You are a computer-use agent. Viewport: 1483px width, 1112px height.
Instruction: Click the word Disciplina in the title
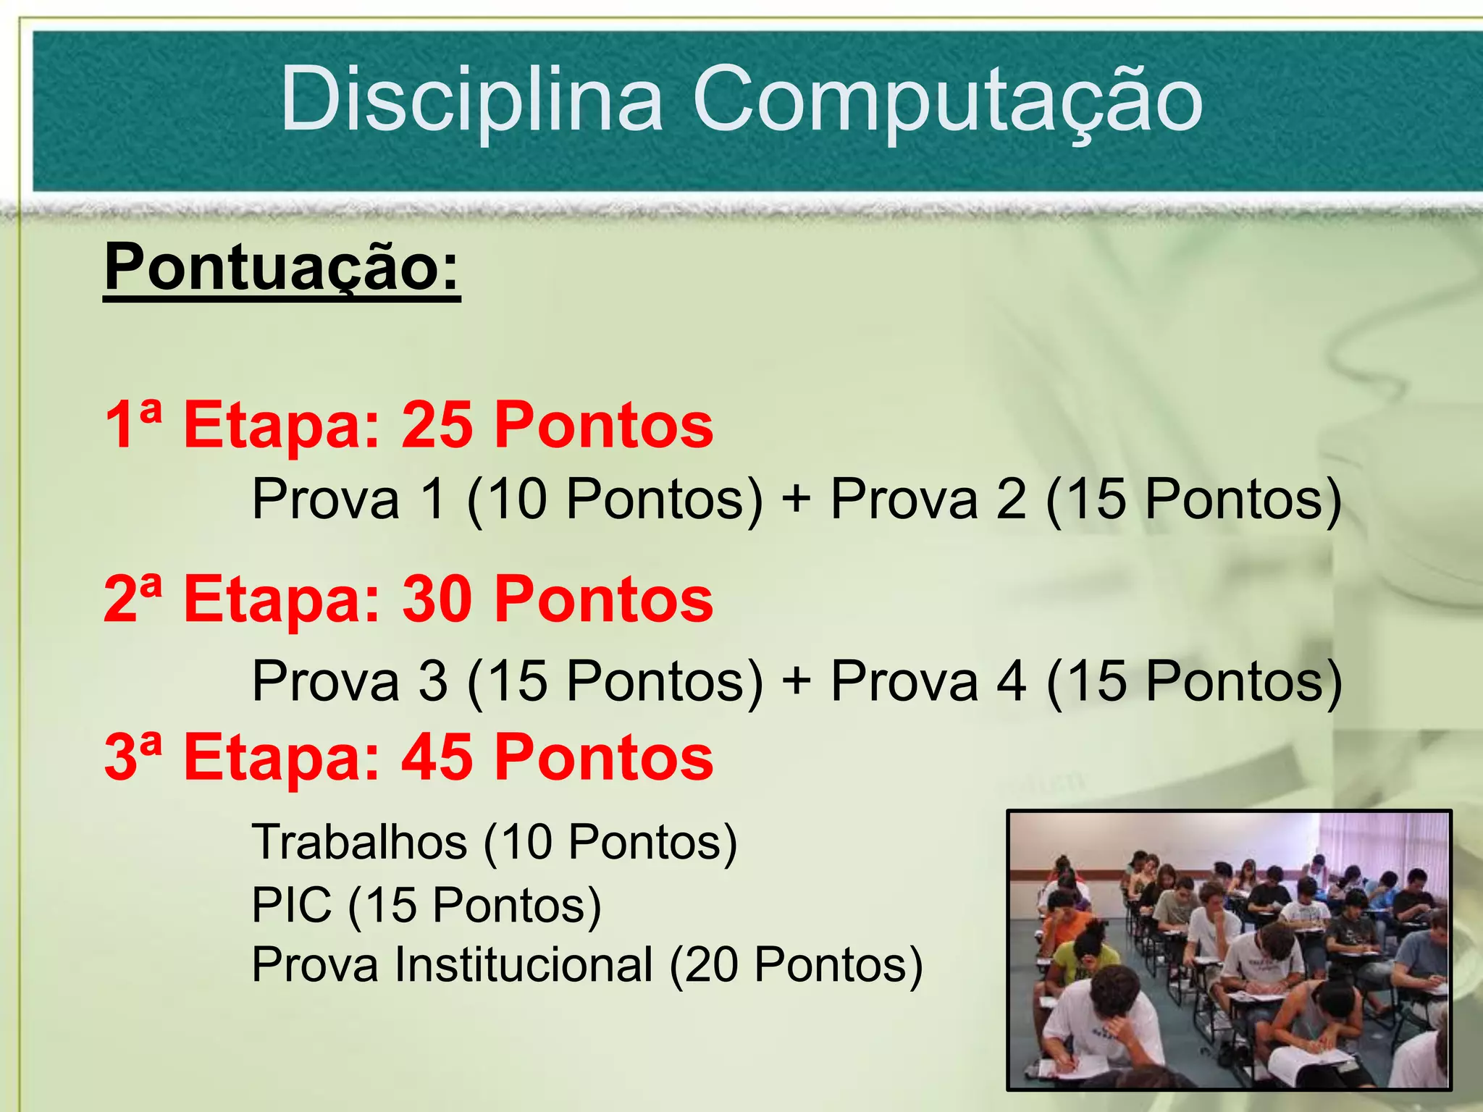click(x=471, y=100)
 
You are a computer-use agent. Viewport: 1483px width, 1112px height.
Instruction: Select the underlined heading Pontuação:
click(x=282, y=268)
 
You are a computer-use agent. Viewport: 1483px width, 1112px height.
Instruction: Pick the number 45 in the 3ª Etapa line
click(x=437, y=758)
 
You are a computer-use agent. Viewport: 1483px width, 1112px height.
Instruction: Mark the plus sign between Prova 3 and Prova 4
click(x=797, y=682)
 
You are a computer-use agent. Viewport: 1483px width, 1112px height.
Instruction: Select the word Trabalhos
click(x=359, y=842)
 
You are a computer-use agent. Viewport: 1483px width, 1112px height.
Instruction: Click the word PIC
click(x=291, y=905)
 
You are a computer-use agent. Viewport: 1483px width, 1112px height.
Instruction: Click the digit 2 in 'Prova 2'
click(x=1011, y=500)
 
